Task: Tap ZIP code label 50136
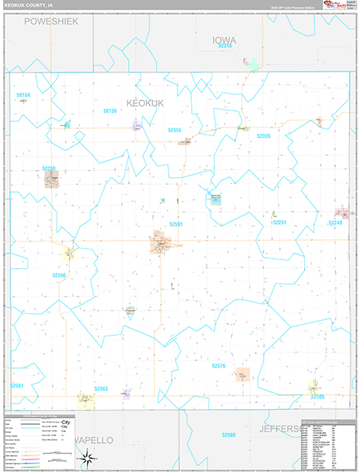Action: [x=109, y=111]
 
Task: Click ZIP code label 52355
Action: [x=174, y=130]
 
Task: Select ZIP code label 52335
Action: [x=263, y=136]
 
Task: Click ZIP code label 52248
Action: [x=335, y=223]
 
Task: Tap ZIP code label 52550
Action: [x=60, y=275]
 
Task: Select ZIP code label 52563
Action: [x=101, y=388]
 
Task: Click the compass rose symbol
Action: [x=90, y=458]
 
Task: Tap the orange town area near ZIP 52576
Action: [x=242, y=374]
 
